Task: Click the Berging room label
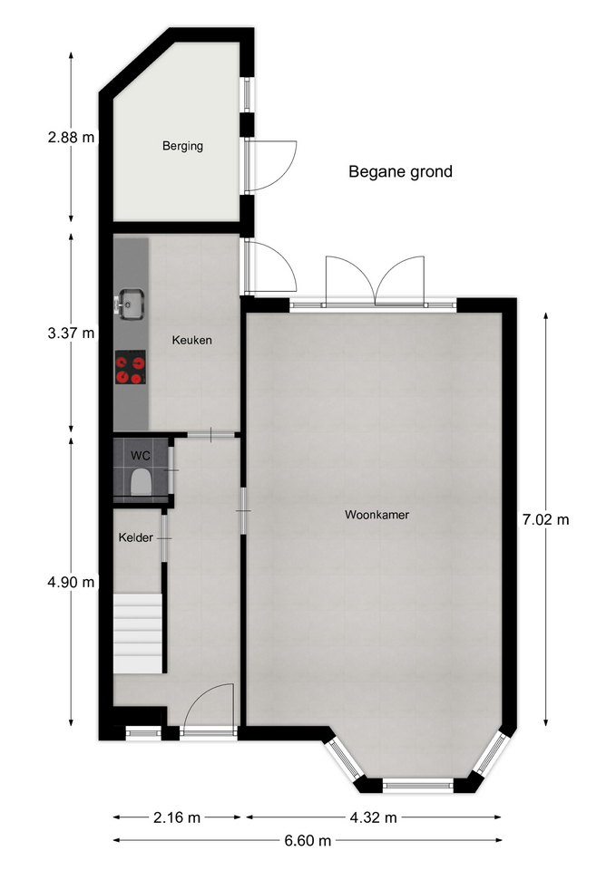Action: pos(182,146)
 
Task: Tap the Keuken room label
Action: pos(191,340)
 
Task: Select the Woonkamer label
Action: pos(376,515)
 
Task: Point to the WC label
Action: pos(140,456)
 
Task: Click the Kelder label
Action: pos(135,537)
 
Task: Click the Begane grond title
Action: pos(400,172)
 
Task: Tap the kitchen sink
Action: pos(131,304)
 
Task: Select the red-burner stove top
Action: pos(131,367)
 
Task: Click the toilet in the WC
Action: pos(141,481)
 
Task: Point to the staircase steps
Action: pos(137,633)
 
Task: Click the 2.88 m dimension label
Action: pos(71,138)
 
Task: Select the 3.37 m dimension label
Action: pos(71,333)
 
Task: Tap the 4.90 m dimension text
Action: pos(71,582)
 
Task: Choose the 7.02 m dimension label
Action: pos(545,520)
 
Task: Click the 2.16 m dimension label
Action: pos(177,817)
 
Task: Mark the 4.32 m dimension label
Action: pos(373,817)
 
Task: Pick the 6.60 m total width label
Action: pos(308,841)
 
